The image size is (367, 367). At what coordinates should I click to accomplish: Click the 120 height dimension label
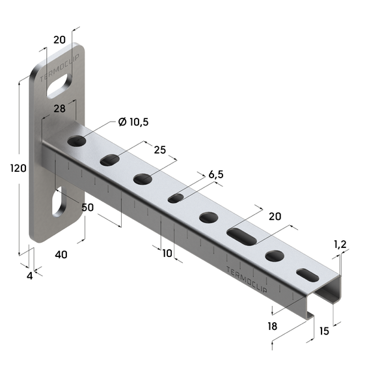pyautogui.click(x=18, y=169)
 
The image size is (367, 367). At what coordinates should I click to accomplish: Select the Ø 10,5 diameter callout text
pyautogui.click(x=133, y=122)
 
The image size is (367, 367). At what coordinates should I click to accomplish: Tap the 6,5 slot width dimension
pyautogui.click(x=215, y=175)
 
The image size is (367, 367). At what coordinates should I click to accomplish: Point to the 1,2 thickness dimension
pyautogui.click(x=340, y=245)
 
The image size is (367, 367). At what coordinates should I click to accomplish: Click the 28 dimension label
pyautogui.click(x=59, y=109)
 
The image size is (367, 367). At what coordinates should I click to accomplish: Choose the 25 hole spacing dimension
pyautogui.click(x=159, y=150)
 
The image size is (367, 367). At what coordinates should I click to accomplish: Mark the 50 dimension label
pyautogui.click(x=88, y=207)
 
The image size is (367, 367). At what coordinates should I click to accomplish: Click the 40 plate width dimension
pyautogui.click(x=61, y=254)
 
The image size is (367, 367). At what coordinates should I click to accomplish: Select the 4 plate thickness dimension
pyautogui.click(x=29, y=275)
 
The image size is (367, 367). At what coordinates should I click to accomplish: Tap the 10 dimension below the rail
pyautogui.click(x=167, y=253)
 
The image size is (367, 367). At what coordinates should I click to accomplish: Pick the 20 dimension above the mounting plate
pyautogui.click(x=59, y=40)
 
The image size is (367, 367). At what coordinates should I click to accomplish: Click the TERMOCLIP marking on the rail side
pyautogui.click(x=244, y=277)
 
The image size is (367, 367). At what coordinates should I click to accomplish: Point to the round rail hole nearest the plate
pyautogui.click(x=77, y=141)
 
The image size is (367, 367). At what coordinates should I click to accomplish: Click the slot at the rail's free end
pyautogui.click(x=307, y=275)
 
